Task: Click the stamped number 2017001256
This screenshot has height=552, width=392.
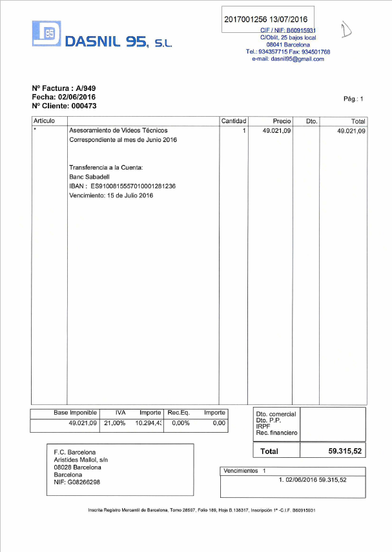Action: pos(245,19)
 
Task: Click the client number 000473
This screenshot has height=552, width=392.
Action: pos(84,106)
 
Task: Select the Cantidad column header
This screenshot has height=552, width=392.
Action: pos(234,121)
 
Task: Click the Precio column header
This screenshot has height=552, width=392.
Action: pos(282,121)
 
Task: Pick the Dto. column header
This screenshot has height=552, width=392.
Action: pos(311,121)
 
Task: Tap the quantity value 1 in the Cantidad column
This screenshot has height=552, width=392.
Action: pos(244,131)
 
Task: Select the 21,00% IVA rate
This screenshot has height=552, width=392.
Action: pos(114,423)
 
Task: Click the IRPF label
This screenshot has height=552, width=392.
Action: pos(263,426)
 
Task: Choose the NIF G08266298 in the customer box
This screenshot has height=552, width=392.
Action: pos(77,482)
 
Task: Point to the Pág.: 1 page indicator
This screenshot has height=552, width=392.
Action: pos(354,99)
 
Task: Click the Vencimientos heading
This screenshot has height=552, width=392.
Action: pos(240,471)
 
